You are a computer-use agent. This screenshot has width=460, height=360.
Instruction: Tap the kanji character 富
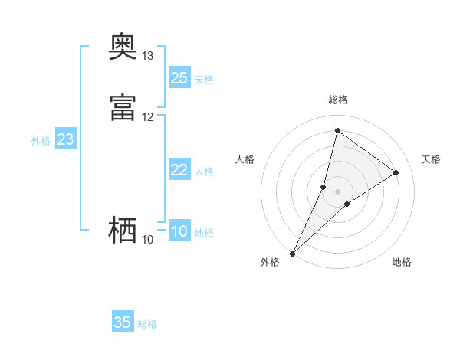coord(123,106)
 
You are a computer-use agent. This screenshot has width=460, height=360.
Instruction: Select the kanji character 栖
coord(123,229)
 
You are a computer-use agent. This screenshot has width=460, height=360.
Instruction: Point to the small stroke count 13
coord(148,56)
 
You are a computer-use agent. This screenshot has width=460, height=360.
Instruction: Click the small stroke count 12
coord(148,117)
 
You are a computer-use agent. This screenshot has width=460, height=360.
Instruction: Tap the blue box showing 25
coord(179,78)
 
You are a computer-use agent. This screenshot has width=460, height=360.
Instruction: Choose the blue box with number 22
coord(179,170)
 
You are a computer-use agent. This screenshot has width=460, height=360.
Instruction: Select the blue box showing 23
coord(65,139)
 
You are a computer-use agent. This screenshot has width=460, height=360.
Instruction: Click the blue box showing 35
coord(123,322)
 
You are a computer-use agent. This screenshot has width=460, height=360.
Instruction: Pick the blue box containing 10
coord(179,231)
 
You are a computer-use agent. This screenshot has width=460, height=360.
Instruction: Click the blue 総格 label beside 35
coord(147,324)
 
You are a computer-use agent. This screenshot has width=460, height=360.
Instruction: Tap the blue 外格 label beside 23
coord(41,141)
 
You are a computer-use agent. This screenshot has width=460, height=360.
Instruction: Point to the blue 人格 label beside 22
coord(205,172)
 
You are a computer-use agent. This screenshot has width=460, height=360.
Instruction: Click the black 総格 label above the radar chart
coord(338,100)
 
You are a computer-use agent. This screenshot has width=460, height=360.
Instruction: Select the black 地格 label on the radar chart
coord(402,262)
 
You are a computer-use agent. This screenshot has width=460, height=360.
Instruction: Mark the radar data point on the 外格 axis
coord(292,254)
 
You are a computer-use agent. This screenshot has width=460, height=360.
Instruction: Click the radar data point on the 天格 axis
coord(396,172)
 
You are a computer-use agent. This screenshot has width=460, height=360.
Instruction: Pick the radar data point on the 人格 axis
coord(324,187)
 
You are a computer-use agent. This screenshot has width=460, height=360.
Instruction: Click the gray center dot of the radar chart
coord(337,191)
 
